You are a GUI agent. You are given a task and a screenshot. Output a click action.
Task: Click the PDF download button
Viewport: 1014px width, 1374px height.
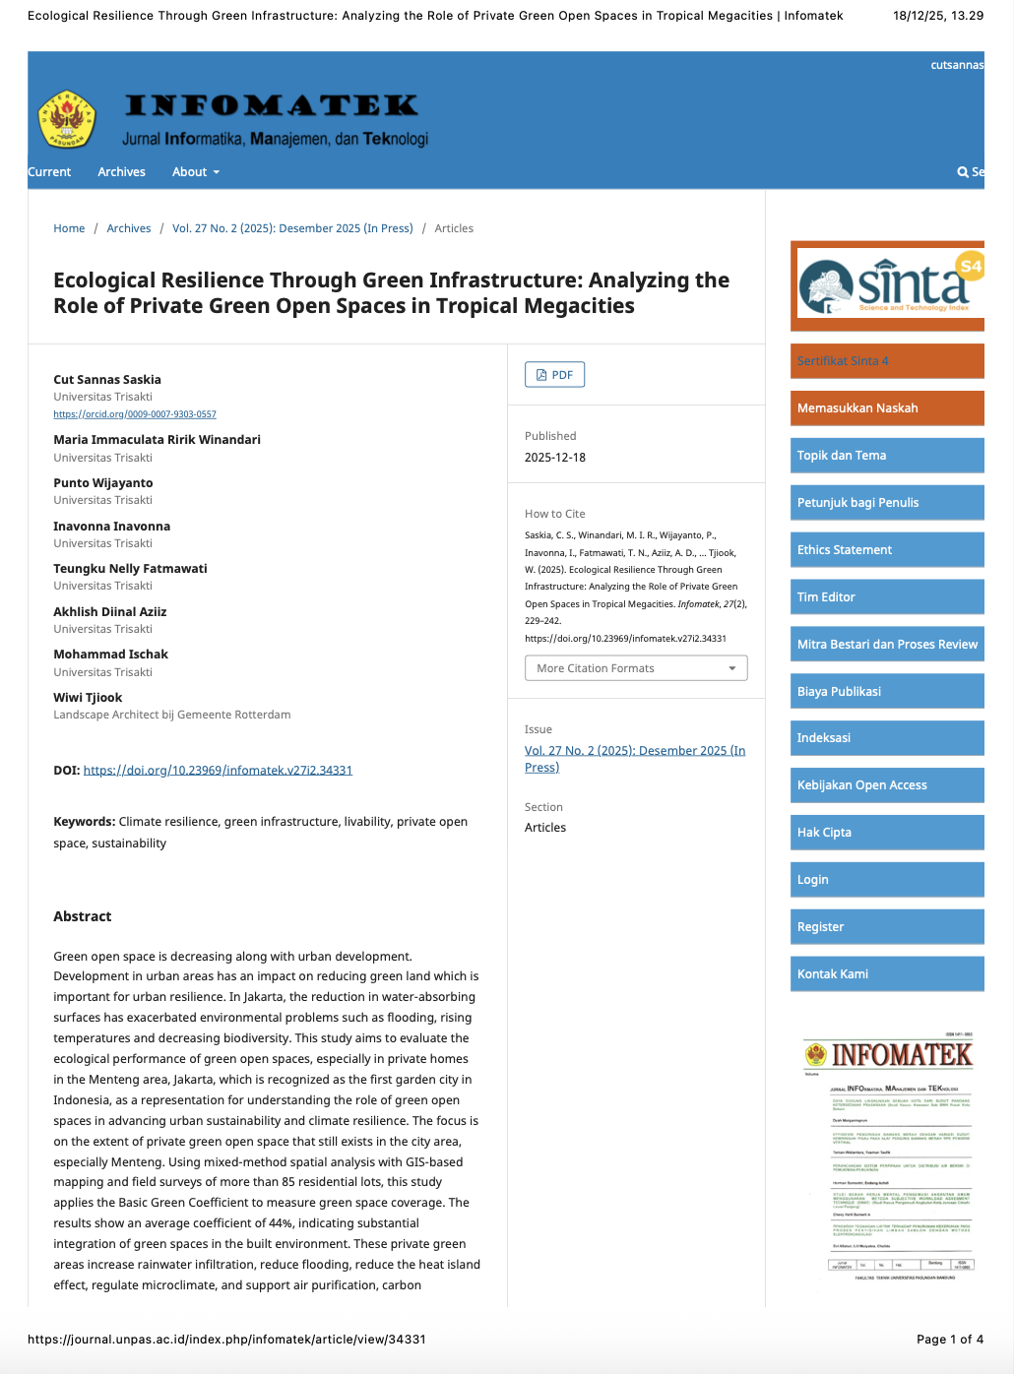(x=554, y=375)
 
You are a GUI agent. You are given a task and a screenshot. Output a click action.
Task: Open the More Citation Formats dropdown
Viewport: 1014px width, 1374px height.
(x=635, y=668)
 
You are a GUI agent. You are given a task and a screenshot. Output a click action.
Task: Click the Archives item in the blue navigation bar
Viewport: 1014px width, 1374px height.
(x=121, y=172)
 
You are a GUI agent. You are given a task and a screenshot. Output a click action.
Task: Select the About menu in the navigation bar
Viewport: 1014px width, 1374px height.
(x=195, y=172)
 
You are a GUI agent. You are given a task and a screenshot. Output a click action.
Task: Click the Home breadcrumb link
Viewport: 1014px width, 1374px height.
(x=69, y=228)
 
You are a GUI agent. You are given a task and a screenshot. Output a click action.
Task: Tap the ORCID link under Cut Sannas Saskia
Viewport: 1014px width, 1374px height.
(x=135, y=414)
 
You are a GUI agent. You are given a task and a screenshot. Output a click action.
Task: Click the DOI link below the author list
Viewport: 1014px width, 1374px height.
(x=218, y=771)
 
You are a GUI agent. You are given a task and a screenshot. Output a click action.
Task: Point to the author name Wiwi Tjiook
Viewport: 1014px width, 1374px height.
(x=88, y=698)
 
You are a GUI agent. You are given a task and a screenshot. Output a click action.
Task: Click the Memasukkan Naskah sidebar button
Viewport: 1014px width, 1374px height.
(x=886, y=408)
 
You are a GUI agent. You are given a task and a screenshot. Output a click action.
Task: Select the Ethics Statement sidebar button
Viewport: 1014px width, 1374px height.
(x=886, y=550)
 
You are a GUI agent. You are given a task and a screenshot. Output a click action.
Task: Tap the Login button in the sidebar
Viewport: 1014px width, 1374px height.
(x=886, y=880)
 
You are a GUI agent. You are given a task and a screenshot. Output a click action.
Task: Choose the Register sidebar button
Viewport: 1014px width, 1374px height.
(x=886, y=927)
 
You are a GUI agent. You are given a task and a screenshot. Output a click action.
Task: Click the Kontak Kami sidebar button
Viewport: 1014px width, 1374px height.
(x=886, y=974)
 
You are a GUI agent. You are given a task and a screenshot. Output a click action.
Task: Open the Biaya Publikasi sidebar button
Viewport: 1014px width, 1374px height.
(x=886, y=692)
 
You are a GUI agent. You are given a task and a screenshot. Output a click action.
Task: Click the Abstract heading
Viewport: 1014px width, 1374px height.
(x=83, y=916)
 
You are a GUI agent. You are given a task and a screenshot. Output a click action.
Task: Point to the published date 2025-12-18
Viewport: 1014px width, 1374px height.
(x=555, y=458)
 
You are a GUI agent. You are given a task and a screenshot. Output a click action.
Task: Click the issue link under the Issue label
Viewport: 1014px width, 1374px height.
(x=634, y=759)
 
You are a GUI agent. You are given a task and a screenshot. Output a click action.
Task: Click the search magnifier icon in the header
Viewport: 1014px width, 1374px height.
(x=963, y=172)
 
